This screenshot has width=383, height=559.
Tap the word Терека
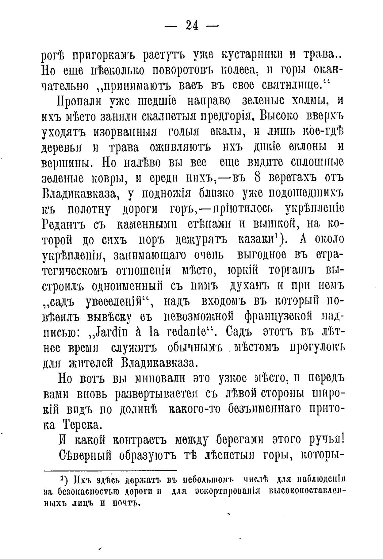81,425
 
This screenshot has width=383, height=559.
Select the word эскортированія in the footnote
228,491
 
